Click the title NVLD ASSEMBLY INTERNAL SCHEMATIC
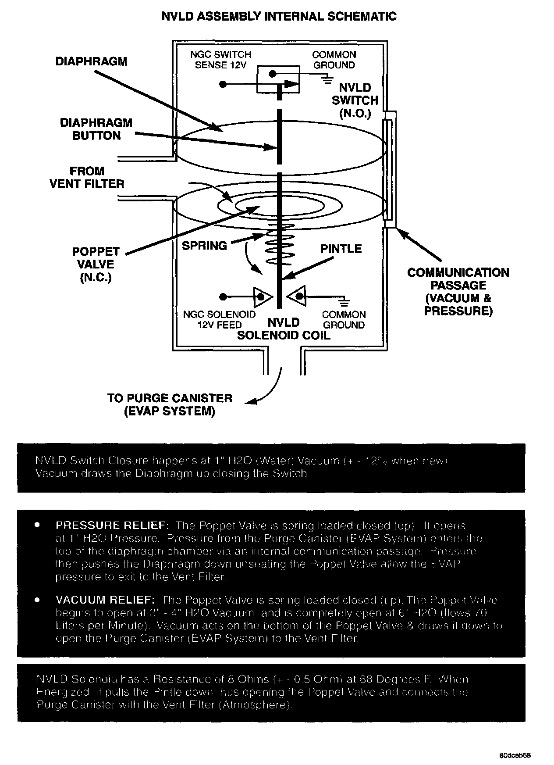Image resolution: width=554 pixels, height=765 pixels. pyautogui.click(x=279, y=17)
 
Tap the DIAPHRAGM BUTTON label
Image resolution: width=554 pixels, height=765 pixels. pyautogui.click(x=96, y=129)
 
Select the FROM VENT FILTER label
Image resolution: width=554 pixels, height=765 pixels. pyautogui.click(x=87, y=177)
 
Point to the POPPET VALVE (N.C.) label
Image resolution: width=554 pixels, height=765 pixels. pyautogui.click(x=96, y=264)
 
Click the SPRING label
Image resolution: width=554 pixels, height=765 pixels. pyautogui.click(x=204, y=245)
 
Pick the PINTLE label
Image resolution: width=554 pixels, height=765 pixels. pyautogui.click(x=341, y=249)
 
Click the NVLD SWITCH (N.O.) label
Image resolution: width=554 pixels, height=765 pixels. pyautogui.click(x=355, y=100)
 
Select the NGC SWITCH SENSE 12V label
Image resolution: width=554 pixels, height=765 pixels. pyautogui.click(x=220, y=60)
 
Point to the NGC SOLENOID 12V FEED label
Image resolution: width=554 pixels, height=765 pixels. pyautogui.click(x=219, y=320)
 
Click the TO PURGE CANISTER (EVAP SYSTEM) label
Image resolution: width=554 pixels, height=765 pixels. pyautogui.click(x=170, y=404)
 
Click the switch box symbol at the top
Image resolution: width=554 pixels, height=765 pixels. pyautogui.click(x=278, y=79)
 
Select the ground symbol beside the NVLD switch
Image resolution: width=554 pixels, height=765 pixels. pyautogui.click(x=326, y=79)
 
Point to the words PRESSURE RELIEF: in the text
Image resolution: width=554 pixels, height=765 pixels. pyautogui.click(x=112, y=525)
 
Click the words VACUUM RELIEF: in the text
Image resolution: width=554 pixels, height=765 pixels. pyautogui.click(x=105, y=600)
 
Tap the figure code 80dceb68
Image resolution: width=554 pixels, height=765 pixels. pyautogui.click(x=515, y=756)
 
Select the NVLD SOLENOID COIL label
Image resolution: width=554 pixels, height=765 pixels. pyautogui.click(x=284, y=329)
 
